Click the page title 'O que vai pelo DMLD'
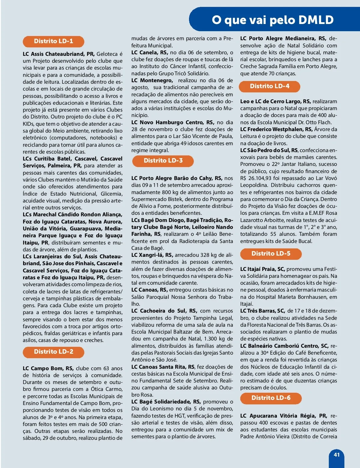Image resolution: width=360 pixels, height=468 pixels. tap(272, 20)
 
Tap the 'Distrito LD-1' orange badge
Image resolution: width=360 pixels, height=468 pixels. tap(53, 41)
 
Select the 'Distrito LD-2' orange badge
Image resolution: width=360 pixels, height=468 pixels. tap(53, 352)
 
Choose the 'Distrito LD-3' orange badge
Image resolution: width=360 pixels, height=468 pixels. tap(163, 161)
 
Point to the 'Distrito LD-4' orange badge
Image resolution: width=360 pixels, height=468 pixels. tap(269, 86)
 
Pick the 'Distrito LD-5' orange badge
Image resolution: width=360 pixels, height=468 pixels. tap(271, 254)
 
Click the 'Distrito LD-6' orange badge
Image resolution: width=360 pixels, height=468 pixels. tap(271, 398)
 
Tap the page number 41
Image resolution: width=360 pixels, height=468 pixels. tap(337, 455)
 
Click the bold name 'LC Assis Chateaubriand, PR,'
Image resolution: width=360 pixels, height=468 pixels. tap(59, 54)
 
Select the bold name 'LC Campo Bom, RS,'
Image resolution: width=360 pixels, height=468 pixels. tap(48, 368)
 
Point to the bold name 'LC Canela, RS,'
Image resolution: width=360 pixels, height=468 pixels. tap(149, 52)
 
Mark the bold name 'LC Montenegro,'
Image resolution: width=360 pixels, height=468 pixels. tap(152, 80)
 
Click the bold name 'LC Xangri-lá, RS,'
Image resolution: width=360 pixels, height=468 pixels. tap(152, 255)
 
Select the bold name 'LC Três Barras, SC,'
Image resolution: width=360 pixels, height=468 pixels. tap(262, 311)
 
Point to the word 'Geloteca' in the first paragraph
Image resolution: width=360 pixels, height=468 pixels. tap(107, 54)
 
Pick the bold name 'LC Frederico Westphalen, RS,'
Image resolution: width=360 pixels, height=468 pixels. tap(276, 129)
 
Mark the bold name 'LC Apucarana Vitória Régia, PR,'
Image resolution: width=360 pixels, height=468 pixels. tap(283, 416)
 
